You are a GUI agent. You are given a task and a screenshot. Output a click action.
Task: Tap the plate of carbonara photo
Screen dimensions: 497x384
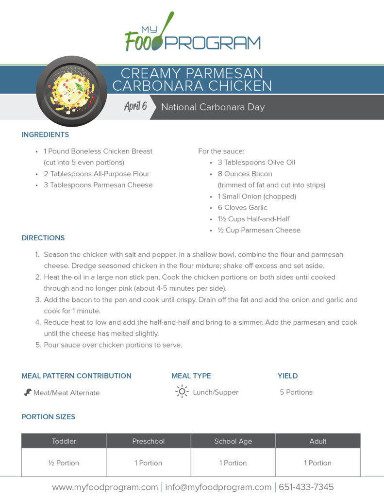coord(72,90)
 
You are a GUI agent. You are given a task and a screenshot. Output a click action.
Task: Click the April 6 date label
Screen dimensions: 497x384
coord(135,107)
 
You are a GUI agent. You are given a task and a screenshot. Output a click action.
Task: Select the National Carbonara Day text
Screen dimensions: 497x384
coord(213,107)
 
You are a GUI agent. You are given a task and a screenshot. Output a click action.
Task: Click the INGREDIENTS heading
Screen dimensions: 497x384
coord(45,134)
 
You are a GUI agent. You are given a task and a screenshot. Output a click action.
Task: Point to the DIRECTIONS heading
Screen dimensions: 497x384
coord(43,238)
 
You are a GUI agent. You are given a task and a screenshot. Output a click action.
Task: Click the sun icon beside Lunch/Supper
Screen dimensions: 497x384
coord(182,392)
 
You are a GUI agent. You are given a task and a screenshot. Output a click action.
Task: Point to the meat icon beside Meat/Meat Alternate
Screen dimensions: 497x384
coord(28,392)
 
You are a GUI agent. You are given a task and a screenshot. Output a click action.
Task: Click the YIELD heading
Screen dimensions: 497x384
coord(287,376)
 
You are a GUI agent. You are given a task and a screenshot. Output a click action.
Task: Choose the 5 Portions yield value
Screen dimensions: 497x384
coord(296,392)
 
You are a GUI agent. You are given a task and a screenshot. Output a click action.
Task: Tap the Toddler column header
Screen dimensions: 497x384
coord(64,441)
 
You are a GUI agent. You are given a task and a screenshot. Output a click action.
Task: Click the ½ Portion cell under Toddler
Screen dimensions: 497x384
coord(64,463)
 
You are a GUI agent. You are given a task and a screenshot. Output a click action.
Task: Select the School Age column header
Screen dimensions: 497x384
coord(233,441)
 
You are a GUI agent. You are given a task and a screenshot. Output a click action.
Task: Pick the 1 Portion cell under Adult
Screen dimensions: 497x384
coord(317,463)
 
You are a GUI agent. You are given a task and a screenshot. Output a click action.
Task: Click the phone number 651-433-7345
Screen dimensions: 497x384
coord(305,487)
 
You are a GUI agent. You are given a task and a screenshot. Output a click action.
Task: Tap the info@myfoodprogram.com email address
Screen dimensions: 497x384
coord(218,487)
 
